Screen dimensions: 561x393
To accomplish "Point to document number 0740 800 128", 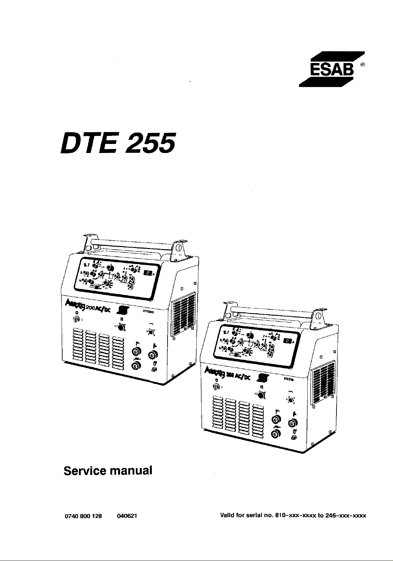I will pyautogui.click(x=80, y=516).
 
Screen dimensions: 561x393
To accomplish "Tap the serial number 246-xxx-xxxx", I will pyautogui.click(x=346, y=516).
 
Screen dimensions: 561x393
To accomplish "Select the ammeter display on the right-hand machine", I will pyautogui.click(x=287, y=341).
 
